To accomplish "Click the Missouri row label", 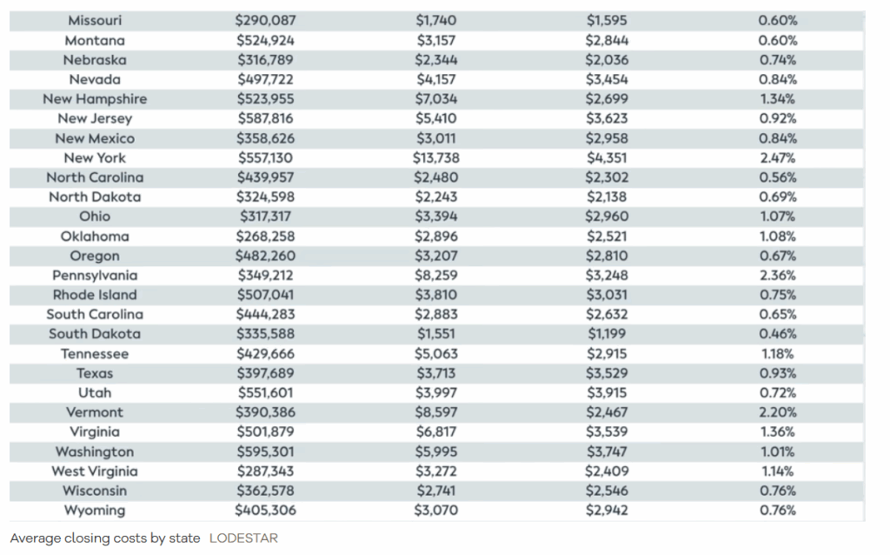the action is click(95, 21).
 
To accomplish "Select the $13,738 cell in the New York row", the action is click(436, 158).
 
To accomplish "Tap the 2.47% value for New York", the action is click(778, 158).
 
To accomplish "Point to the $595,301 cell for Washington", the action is click(266, 451).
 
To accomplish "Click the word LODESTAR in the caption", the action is click(243, 538).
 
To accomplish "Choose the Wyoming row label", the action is click(95, 511).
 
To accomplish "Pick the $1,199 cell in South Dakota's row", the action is click(607, 334).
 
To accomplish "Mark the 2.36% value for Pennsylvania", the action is click(778, 276).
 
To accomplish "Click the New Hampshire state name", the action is click(95, 99).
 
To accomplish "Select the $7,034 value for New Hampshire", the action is click(436, 99).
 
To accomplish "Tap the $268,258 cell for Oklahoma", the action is click(266, 237).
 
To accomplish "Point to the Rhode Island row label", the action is click(95, 295).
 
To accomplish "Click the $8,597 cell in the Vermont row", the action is click(436, 412).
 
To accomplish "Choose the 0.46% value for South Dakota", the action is click(778, 334).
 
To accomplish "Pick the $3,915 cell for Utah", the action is click(607, 393).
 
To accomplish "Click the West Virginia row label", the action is click(95, 471).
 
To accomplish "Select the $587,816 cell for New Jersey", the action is click(266, 118).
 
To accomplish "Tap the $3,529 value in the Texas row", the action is click(607, 373).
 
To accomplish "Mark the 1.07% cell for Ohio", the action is click(778, 217).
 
